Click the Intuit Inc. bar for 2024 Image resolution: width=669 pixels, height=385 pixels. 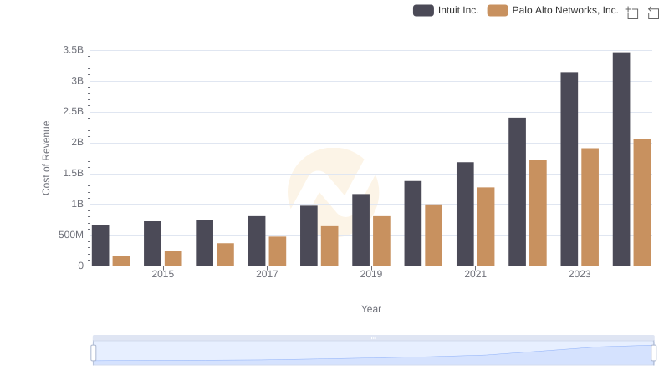coord(621,159)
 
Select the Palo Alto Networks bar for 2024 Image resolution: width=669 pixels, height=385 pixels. coord(642,202)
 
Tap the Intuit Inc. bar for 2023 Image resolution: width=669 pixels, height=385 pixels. coord(569,169)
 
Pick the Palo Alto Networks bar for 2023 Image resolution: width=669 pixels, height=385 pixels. coord(590,207)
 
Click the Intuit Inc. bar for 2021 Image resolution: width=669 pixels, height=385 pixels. coord(465,214)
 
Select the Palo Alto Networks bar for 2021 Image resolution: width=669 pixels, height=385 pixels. coord(486,226)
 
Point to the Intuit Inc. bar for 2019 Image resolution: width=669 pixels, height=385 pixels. coord(360,230)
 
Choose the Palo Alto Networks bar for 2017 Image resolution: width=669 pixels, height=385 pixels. coord(278,251)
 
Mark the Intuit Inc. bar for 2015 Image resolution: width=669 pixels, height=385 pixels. coord(152,244)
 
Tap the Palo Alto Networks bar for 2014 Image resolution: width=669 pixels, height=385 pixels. coord(121,261)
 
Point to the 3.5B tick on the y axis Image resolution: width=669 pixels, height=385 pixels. coord(74,50)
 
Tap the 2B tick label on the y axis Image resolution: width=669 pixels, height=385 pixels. coord(77,142)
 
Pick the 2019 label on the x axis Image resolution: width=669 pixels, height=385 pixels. coord(371,274)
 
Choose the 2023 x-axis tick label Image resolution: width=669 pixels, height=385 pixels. coord(580,274)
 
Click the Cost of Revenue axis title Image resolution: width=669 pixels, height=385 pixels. coord(47,158)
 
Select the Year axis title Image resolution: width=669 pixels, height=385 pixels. coord(371,309)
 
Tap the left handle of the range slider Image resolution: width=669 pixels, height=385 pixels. coord(94,353)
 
